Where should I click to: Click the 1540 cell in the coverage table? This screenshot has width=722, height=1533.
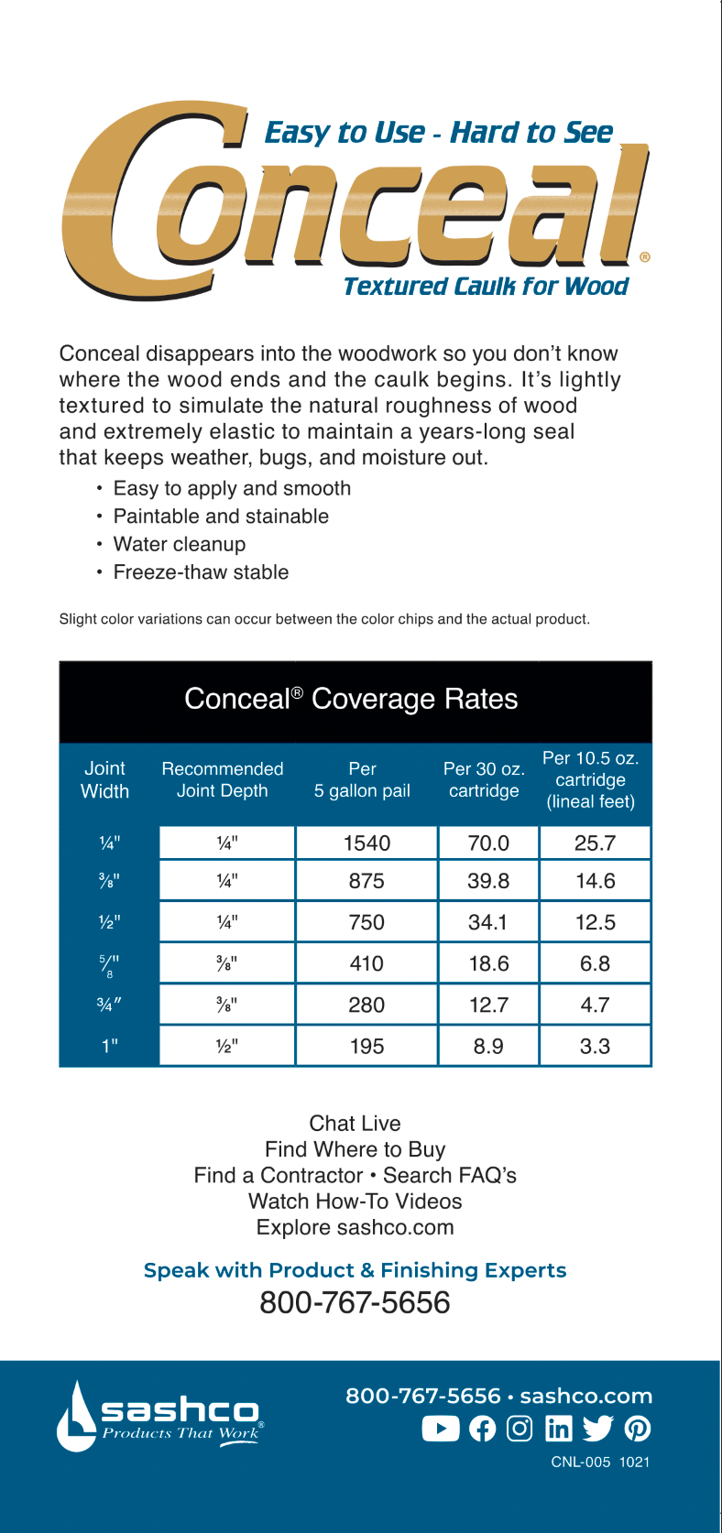(x=366, y=843)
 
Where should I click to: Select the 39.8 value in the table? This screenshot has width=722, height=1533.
(x=488, y=881)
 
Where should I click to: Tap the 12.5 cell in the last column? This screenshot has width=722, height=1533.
(x=596, y=922)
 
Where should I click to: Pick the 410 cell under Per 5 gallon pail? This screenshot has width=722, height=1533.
(x=366, y=963)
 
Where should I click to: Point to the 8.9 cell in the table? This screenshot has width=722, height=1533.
(x=488, y=1046)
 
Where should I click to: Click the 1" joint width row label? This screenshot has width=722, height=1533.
(x=110, y=1046)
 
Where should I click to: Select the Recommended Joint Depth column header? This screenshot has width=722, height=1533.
(x=223, y=780)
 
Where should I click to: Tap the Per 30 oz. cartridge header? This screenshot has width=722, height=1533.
(x=484, y=780)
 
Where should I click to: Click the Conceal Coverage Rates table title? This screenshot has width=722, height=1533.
(x=351, y=700)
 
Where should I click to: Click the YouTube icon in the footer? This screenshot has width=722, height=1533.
(x=441, y=1429)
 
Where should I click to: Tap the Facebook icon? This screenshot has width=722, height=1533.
(x=482, y=1429)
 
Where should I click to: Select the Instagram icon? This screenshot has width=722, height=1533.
(x=520, y=1429)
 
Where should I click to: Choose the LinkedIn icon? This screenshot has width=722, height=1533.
(x=558, y=1429)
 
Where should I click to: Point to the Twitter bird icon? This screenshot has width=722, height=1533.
(x=597, y=1429)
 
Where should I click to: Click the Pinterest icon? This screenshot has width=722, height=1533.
(x=638, y=1429)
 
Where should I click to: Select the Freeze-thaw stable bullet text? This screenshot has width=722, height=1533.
(x=201, y=572)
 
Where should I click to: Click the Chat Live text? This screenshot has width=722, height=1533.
(x=355, y=1124)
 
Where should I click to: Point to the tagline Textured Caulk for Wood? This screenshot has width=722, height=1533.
(x=486, y=287)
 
